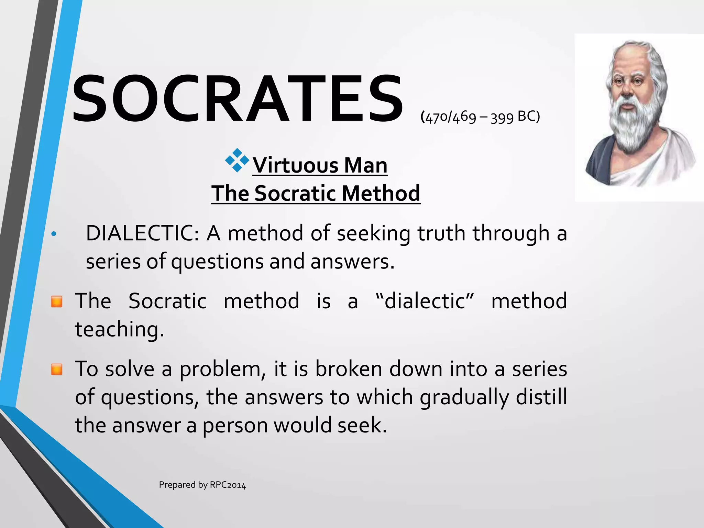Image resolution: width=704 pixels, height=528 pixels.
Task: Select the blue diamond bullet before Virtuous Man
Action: pos(237,160)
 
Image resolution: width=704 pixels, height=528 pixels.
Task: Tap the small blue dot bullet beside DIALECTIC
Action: pos(53,234)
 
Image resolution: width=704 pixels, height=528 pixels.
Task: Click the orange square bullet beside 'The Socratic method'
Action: pos(57,301)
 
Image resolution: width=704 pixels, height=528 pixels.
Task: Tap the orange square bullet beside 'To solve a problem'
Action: pos(57,370)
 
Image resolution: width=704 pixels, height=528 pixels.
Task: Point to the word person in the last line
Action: pos(235,426)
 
